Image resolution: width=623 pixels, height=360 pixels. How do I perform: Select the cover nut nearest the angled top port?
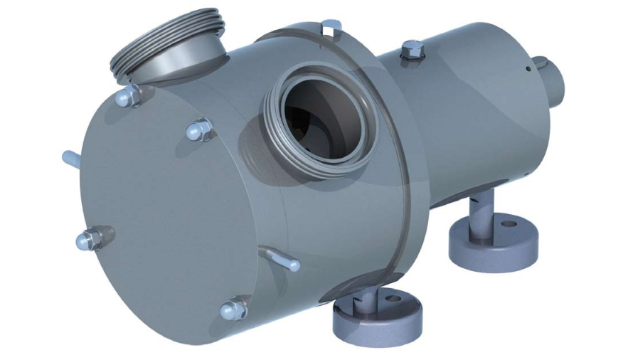[129, 95]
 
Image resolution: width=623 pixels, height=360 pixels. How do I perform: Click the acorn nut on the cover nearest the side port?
[200, 130]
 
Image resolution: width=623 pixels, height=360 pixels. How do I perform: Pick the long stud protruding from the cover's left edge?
[72, 158]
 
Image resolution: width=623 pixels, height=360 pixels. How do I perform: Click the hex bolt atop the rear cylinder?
[412, 50]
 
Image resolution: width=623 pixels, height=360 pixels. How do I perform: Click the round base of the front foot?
[377, 317]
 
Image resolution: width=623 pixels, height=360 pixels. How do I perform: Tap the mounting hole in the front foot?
[391, 298]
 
